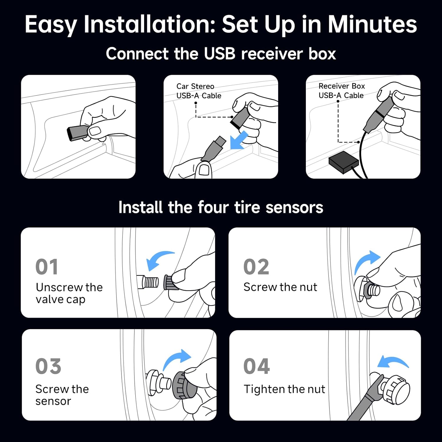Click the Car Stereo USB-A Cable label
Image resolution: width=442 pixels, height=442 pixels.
coord(199,91)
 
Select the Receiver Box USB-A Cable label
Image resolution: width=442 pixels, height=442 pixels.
coord(342,91)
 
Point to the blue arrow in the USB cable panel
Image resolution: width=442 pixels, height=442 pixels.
coord(239,141)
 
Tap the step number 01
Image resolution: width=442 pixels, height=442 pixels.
coord(47,267)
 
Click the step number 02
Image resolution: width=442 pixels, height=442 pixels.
coord(256,267)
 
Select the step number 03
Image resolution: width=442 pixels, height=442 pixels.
coord(48,366)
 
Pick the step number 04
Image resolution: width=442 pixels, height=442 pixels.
coord(256,366)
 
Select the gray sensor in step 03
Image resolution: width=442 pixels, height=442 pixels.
coord(179,385)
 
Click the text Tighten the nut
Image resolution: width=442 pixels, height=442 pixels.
coord(284,389)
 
